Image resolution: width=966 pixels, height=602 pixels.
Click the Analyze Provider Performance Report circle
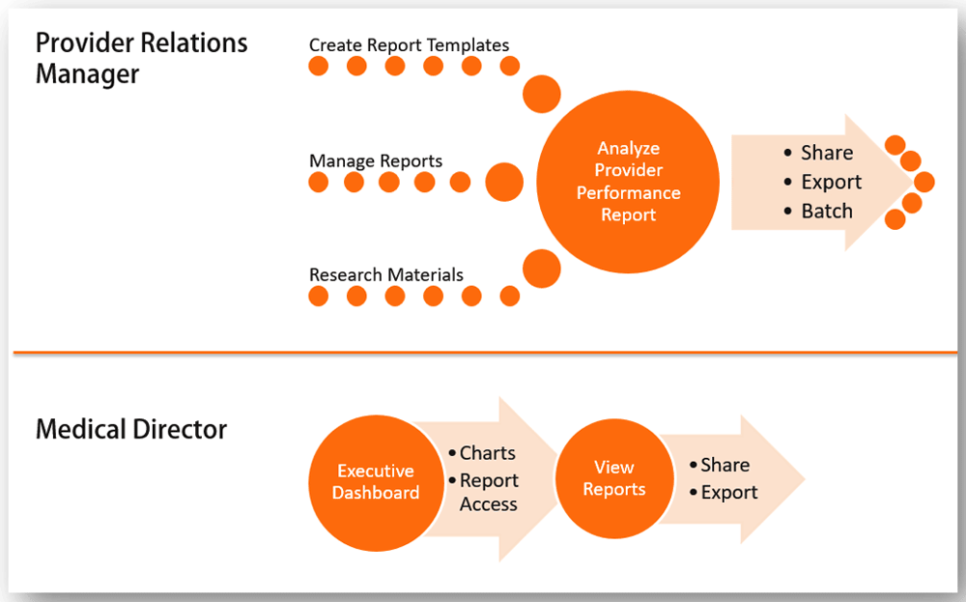[628, 182]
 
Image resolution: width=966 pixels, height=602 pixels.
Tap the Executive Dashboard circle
[376, 482]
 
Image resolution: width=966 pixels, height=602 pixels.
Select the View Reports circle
[614, 478]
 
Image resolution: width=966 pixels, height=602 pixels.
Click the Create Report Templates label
[409, 45]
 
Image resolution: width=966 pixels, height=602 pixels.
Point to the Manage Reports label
[376, 160]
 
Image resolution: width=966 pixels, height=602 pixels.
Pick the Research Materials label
[386, 274]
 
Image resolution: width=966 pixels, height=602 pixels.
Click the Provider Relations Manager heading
[142, 59]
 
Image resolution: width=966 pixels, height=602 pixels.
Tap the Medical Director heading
[131, 429]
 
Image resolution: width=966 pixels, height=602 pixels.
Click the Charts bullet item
[482, 453]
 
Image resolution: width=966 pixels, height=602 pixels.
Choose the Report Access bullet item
[484, 492]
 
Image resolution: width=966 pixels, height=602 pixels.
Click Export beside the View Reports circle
[724, 492]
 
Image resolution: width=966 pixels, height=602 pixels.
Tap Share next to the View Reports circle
[720, 465]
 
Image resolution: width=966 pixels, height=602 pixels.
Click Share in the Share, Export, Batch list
[819, 153]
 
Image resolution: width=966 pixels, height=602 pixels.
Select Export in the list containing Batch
[823, 182]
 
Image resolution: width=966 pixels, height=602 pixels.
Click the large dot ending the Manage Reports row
[504, 183]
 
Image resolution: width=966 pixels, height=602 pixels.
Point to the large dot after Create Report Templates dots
[542, 94]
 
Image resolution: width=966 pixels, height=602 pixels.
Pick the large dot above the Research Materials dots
[542, 269]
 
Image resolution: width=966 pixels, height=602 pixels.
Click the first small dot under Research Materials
[319, 296]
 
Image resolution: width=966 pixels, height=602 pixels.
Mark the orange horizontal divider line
[486, 353]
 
